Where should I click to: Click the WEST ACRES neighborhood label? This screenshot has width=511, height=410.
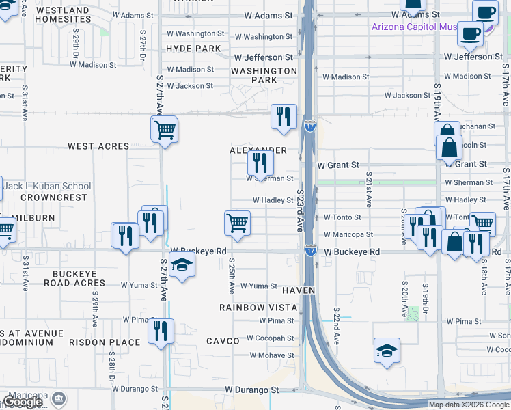[98, 146]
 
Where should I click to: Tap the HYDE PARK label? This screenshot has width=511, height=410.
[194, 49]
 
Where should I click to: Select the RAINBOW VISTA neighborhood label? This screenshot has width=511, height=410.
[258, 307]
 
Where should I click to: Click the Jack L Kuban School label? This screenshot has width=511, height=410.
[46, 186]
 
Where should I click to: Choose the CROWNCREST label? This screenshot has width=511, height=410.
[54, 197]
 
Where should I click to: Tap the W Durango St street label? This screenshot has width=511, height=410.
[253, 389]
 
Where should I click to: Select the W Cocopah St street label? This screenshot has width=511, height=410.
[270, 338]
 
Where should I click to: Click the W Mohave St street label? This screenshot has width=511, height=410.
[271, 355]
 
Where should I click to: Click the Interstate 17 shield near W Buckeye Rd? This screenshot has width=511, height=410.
[310, 250]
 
